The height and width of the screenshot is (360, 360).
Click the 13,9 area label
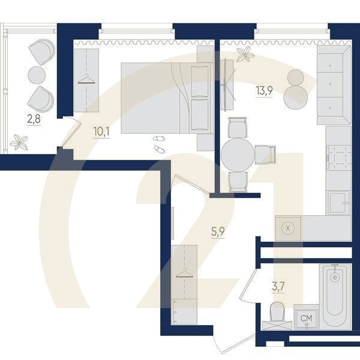264,91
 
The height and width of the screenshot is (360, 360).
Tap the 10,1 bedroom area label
101,132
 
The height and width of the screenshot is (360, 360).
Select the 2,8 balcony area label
34,119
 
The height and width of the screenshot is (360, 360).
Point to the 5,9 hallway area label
218,232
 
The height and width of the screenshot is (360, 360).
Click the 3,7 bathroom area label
278,287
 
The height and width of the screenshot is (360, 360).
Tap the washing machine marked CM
306,318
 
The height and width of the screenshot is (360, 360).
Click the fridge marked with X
288,228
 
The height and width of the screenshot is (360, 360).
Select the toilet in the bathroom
277,316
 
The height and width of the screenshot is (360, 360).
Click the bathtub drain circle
335,277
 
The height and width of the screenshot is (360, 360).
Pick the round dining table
238,155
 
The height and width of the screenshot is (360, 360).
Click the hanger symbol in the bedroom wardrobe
86,79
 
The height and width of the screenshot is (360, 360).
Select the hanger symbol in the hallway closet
184,273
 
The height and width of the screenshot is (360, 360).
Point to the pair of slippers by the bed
159,144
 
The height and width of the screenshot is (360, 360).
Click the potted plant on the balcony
19,142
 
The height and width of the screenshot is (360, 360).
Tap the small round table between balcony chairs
37,75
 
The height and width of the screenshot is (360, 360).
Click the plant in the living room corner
245,54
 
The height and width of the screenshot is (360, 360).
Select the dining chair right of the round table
265,155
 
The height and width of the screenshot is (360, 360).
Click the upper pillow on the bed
200,81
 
